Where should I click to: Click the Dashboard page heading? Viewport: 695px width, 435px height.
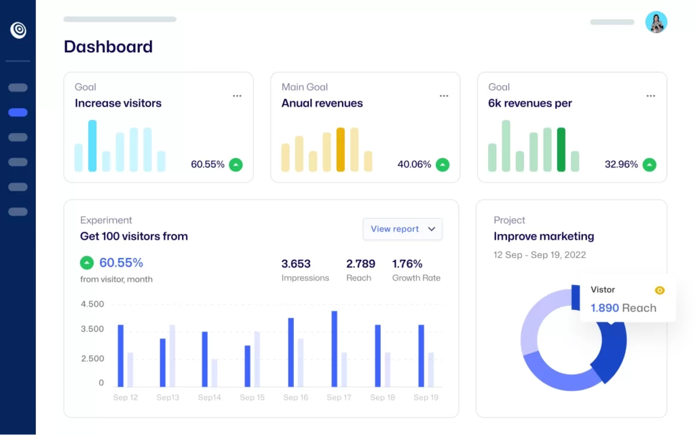[x=108, y=47]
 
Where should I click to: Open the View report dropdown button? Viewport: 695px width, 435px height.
[x=402, y=229]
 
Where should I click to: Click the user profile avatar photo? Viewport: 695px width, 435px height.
[x=656, y=22]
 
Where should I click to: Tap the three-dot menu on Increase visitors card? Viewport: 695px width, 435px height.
[x=237, y=96]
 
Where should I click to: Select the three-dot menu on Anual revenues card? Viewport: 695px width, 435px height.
[x=444, y=96]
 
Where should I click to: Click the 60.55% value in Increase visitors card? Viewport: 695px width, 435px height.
[x=208, y=164]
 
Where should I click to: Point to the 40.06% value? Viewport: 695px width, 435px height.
[x=414, y=164]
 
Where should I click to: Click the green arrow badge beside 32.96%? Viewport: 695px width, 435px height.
[x=650, y=164]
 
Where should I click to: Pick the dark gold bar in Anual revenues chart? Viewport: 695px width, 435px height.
[x=341, y=149]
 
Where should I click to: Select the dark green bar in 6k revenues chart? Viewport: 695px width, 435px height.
[x=561, y=149]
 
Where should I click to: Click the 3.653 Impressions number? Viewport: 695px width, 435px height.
[x=296, y=264]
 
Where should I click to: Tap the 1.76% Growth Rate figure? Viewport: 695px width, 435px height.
[x=407, y=264]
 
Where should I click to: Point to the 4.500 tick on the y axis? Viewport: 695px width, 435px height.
[x=92, y=304]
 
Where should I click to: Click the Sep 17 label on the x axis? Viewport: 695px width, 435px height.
[x=338, y=398]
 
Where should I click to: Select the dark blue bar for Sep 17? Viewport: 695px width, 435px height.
[x=334, y=349]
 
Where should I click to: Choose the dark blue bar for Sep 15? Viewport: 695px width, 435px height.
[x=248, y=366]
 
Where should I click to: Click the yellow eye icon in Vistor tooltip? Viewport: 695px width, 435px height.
[x=660, y=290]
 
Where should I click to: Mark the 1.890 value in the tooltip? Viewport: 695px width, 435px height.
[x=605, y=308]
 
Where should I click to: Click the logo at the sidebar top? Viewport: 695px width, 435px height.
[x=18, y=30]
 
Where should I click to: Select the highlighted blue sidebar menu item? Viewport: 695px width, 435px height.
[x=18, y=113]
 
